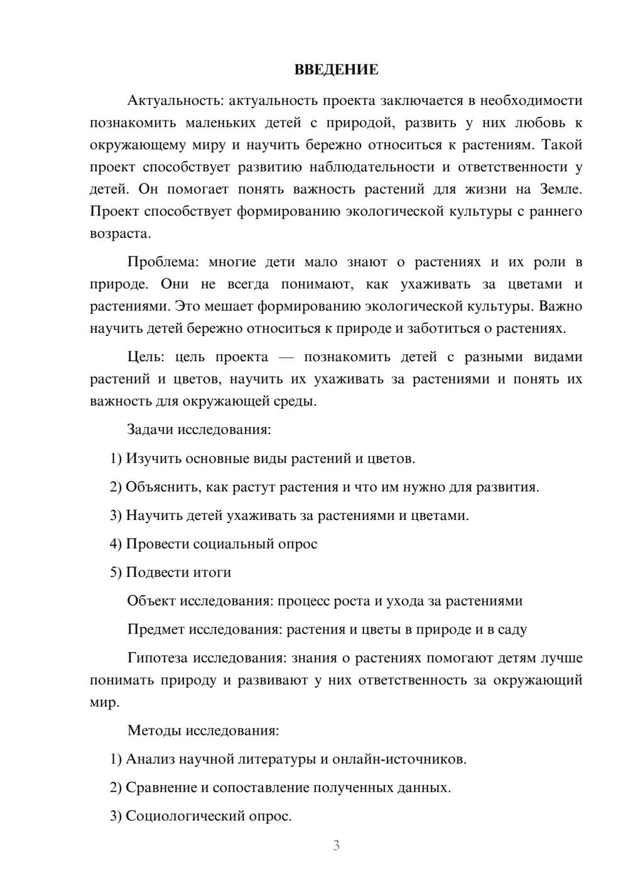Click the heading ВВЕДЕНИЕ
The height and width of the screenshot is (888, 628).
(336, 70)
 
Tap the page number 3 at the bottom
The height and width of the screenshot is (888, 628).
(336, 845)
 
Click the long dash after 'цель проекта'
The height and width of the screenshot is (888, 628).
(286, 357)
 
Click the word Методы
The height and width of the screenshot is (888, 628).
(151, 730)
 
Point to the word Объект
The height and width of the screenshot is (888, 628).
(151, 601)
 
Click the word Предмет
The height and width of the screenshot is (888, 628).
(156, 629)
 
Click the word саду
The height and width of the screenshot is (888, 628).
(512, 629)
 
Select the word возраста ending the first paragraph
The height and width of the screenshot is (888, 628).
(119, 234)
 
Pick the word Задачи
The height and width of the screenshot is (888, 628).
(150, 430)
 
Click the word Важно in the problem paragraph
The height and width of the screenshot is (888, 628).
(561, 306)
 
